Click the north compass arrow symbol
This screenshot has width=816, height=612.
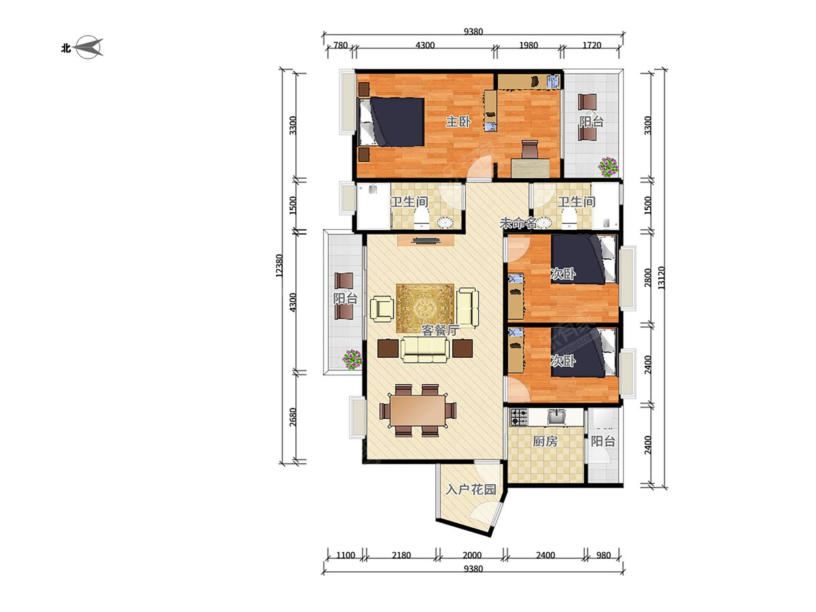point(89,47)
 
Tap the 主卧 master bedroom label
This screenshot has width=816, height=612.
point(458,122)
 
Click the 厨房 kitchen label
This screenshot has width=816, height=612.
point(545,441)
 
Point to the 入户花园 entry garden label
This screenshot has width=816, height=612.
point(471,490)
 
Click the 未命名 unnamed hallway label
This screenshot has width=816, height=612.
point(518,223)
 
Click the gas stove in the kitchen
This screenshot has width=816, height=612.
point(518,417)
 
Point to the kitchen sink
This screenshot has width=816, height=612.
point(556,416)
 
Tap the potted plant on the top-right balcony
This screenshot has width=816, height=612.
point(608,167)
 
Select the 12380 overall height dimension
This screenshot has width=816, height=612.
point(279,265)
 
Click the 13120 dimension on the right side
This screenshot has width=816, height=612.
point(661,278)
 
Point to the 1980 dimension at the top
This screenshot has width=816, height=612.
point(528,46)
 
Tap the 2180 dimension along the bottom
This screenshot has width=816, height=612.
point(401,556)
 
